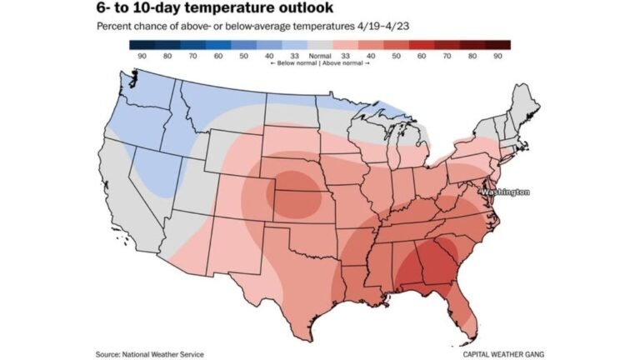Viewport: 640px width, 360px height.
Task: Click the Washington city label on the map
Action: click(505, 192)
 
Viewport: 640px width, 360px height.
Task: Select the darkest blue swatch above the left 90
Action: click(142, 44)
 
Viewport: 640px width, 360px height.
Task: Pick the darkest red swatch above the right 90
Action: click(497, 44)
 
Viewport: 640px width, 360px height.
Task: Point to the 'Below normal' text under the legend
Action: click(290, 63)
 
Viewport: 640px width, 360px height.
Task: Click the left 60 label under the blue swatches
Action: click(218, 55)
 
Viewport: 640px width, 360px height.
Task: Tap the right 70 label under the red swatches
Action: click(447, 55)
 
